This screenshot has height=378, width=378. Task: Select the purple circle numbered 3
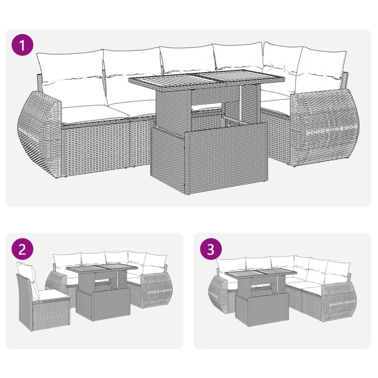tap(211, 249)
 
